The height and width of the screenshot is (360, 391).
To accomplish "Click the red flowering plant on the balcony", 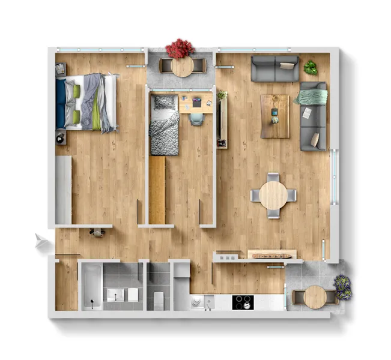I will [180, 47].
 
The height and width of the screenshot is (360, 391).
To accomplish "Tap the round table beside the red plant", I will [182, 66].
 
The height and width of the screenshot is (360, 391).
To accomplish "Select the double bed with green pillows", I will [86, 101].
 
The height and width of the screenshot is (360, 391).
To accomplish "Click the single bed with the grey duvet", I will [164, 124].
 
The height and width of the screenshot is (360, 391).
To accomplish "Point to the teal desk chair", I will [197, 119].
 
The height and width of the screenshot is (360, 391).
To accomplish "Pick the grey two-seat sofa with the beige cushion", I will [274, 69].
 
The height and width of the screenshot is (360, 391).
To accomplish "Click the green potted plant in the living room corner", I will [311, 68].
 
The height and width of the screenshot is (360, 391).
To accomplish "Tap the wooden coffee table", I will [275, 115].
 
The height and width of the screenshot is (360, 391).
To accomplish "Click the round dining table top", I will [273, 196].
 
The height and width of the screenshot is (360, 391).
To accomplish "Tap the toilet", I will [159, 298].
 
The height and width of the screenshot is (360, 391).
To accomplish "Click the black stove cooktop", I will [243, 302].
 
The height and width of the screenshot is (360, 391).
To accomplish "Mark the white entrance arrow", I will [41, 242].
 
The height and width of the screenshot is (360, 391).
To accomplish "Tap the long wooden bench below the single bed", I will [157, 189].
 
